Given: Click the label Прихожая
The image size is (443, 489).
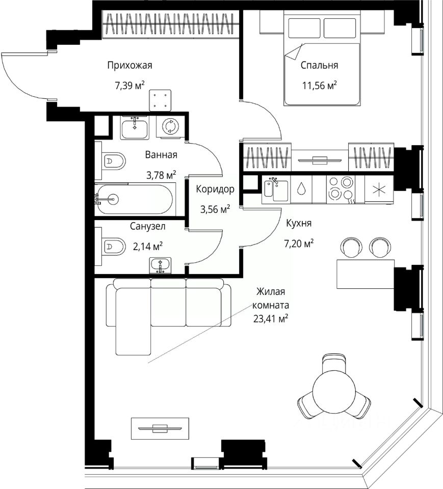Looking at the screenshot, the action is pyautogui.click(x=129, y=66).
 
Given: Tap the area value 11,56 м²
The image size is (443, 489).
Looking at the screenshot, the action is pyautogui.click(x=319, y=85).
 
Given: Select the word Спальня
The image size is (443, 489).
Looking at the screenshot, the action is pyautogui.click(x=319, y=65).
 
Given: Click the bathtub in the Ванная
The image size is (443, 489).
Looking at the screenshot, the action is pyautogui.click(x=134, y=199).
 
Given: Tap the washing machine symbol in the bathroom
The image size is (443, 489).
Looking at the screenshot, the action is pyautogui.click(x=170, y=126).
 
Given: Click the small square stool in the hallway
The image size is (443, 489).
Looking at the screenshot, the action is pyautogui.click(x=160, y=100).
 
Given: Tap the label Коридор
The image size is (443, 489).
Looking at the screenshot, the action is pyautogui.click(x=215, y=189).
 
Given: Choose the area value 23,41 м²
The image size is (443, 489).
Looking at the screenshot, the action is pyautogui.click(x=271, y=319).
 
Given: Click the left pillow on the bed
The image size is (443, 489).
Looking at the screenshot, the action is pyautogui.click(x=304, y=28).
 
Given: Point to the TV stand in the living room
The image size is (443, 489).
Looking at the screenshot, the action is pyautogui.click(x=160, y=428).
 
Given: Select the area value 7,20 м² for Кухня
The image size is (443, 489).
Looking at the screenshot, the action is pyautogui.click(x=298, y=243).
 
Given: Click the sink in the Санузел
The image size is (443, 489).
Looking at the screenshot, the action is pyautogui.click(x=160, y=265).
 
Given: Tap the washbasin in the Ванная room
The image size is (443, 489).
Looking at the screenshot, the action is pyautogui.click(x=135, y=127).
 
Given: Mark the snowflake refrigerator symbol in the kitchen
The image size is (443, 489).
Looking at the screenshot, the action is pyautogui.click(x=379, y=189).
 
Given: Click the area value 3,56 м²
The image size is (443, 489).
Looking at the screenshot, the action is pyautogui.click(x=215, y=209).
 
